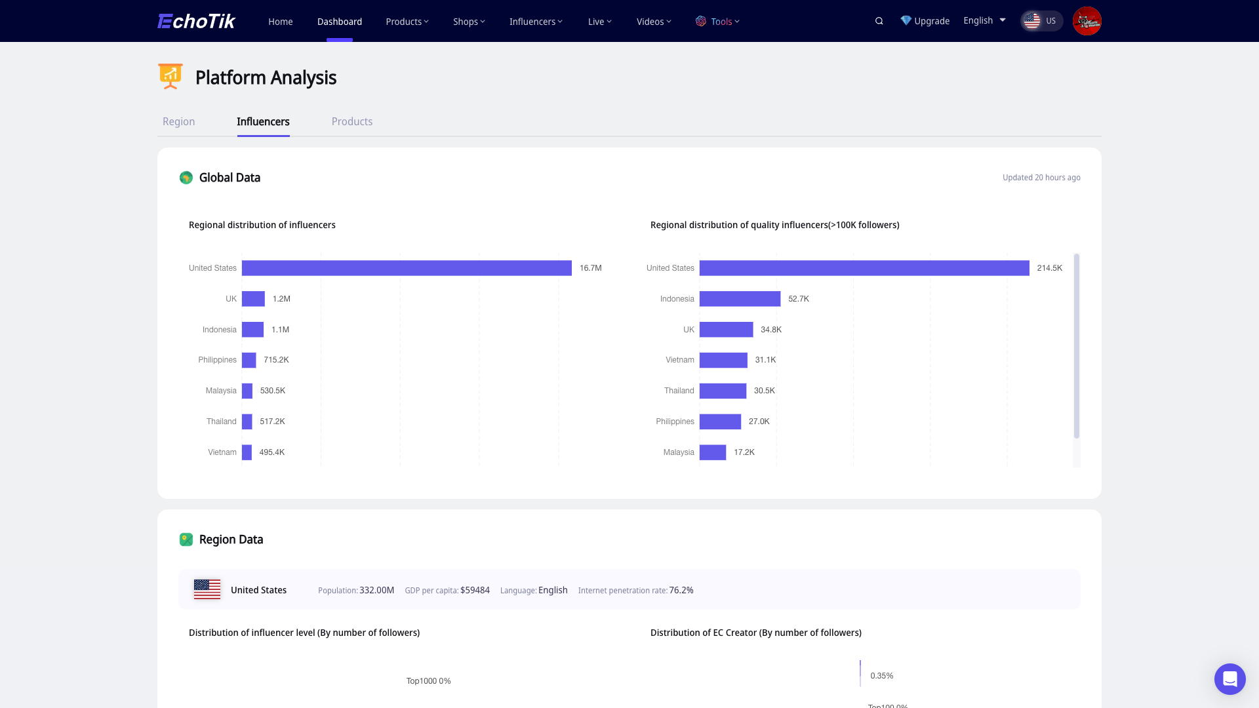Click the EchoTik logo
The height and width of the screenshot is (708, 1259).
(196, 21)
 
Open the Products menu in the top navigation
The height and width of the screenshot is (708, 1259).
(407, 22)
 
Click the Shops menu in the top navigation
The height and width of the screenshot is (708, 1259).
(469, 22)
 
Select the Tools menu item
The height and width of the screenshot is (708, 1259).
(718, 22)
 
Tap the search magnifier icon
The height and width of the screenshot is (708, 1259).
(879, 21)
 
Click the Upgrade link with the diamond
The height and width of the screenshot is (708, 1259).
(925, 21)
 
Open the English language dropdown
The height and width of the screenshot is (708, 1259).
(984, 20)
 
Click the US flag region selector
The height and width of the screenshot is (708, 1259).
(1041, 21)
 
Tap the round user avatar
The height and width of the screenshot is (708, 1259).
(1087, 21)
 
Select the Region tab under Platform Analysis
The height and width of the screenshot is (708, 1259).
(178, 121)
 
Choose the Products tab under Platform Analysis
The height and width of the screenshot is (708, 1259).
(351, 121)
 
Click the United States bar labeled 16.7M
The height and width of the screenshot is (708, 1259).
(407, 268)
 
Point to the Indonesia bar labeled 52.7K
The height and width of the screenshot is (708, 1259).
(740, 299)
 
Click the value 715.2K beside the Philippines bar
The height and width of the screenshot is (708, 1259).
(276, 360)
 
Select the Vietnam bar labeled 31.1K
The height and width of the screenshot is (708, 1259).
(723, 360)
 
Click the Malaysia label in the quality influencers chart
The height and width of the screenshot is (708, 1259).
(678, 452)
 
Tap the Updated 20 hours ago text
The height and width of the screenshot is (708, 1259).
(1041, 178)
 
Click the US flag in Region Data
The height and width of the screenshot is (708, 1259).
(207, 589)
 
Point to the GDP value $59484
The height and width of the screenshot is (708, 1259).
(475, 590)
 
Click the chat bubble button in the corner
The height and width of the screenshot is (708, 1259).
(1229, 679)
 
